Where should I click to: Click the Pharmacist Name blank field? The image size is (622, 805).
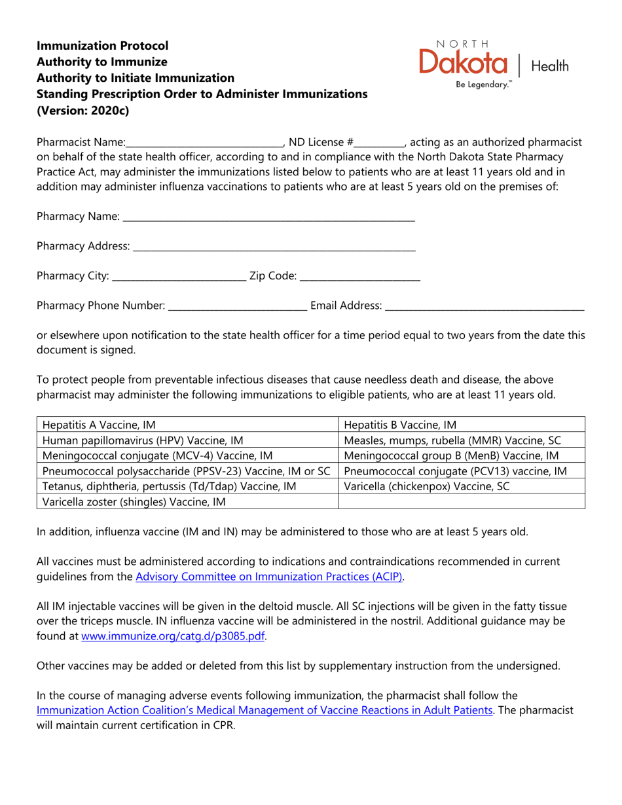click(x=204, y=143)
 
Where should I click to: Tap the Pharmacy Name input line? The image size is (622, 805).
click(x=268, y=217)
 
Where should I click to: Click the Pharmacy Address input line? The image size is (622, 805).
click(x=274, y=247)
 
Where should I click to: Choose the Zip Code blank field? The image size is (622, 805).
click(x=359, y=277)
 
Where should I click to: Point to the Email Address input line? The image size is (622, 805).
click(x=485, y=306)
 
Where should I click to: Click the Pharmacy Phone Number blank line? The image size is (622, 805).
click(x=238, y=306)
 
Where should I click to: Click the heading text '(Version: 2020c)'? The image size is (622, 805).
click(x=83, y=110)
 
